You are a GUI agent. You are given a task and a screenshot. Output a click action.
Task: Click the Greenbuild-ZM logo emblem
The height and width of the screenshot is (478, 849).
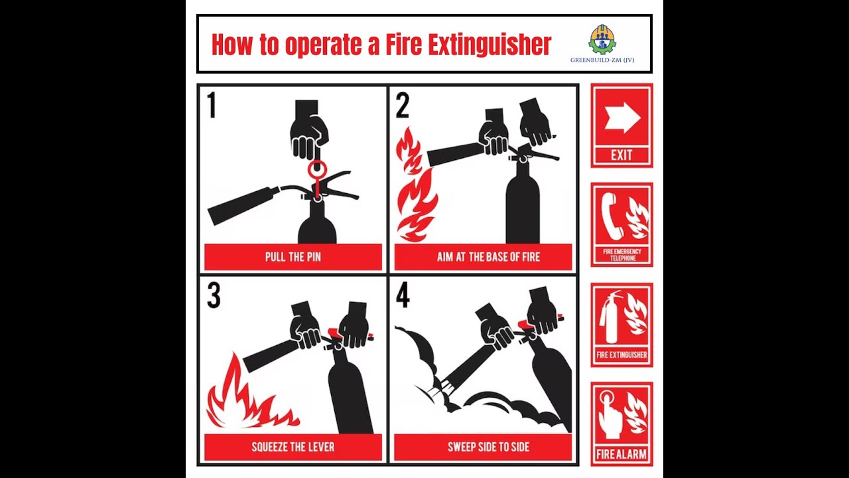tap(602, 39)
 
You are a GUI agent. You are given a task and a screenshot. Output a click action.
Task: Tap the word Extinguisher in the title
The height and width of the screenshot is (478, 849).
tap(468, 44)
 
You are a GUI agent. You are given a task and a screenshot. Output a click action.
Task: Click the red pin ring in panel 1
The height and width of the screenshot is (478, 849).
tap(316, 169)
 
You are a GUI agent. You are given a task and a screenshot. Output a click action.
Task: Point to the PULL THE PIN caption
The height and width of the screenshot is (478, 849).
tap(293, 257)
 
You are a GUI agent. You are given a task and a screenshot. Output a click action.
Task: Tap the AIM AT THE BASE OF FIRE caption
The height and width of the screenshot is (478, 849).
tap(488, 257)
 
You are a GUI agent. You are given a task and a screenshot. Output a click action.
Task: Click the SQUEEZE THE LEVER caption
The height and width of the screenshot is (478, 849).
tap(293, 447)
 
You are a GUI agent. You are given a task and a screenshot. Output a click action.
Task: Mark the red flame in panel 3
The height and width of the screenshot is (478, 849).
tap(250, 392)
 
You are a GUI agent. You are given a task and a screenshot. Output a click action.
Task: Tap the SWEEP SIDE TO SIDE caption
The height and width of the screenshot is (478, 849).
tap(488, 447)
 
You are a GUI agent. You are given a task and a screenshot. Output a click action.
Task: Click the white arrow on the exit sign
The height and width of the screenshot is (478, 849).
tap(622, 119)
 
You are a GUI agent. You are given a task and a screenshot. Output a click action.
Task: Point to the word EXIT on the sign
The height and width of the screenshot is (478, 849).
tap(621, 155)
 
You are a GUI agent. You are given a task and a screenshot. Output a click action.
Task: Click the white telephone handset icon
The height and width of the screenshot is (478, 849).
tap(612, 216)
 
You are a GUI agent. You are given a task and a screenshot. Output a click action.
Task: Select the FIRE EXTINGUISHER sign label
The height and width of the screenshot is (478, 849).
tap(621, 355)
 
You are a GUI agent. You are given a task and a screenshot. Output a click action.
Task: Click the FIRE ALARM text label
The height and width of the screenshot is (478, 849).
tap(621, 454)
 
